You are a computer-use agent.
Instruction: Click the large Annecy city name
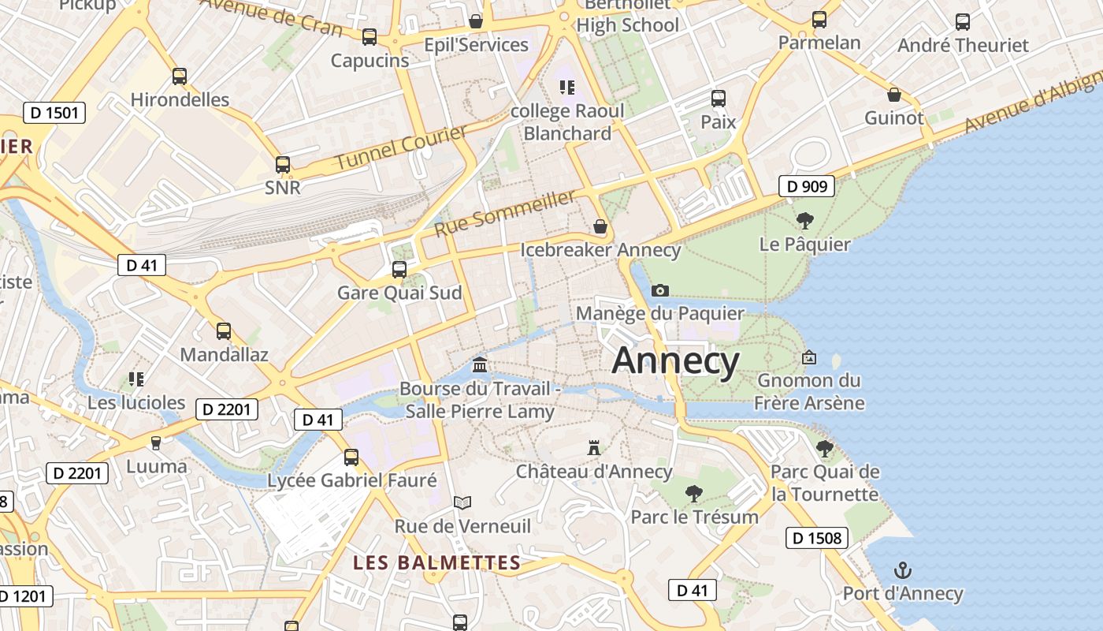(x=676, y=361)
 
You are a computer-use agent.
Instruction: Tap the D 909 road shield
(x=807, y=186)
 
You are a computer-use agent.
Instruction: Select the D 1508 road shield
(x=817, y=539)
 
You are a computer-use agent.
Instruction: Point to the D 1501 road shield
(x=54, y=113)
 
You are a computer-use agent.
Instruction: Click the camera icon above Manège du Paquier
(x=660, y=290)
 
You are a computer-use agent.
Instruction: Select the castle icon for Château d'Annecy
(x=594, y=448)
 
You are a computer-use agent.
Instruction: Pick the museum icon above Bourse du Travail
(x=480, y=364)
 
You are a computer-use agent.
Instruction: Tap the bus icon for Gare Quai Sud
(x=399, y=270)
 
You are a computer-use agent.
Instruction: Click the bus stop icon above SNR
(x=283, y=165)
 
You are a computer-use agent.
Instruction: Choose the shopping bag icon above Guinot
(x=894, y=95)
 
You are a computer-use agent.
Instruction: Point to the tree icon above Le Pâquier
(x=804, y=220)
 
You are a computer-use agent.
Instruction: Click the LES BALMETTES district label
(x=436, y=563)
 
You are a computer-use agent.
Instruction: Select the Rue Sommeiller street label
(x=505, y=213)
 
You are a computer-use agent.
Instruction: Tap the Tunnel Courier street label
(x=401, y=147)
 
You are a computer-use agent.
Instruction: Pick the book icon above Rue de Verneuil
(x=462, y=502)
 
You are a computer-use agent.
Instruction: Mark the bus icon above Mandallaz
(x=224, y=331)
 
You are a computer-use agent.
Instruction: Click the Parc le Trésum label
(x=694, y=517)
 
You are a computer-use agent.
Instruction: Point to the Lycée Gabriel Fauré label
(x=352, y=480)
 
